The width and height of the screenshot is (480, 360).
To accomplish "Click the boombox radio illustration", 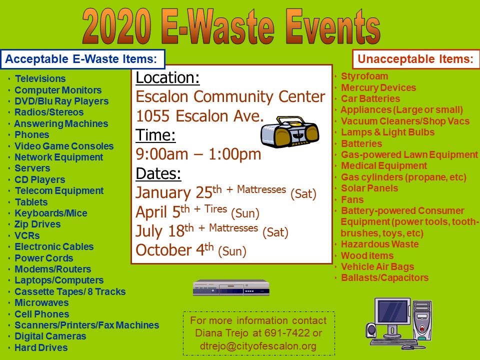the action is click(x=289, y=131).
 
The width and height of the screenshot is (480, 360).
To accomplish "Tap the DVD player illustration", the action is click(x=231, y=287).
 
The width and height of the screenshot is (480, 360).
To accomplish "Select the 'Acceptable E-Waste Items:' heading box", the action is click(x=82, y=59).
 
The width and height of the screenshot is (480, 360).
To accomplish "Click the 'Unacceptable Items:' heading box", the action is click(x=415, y=59).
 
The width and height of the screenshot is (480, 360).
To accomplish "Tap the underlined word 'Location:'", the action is click(x=167, y=78).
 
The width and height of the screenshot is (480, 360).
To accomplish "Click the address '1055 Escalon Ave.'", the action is click(x=199, y=116).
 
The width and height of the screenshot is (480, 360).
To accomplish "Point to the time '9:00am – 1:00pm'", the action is click(x=198, y=154).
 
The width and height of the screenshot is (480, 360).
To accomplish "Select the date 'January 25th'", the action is click(x=178, y=192).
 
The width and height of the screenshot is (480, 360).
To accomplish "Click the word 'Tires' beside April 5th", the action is click(x=216, y=209).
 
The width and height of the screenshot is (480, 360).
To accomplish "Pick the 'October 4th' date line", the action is click(x=191, y=249).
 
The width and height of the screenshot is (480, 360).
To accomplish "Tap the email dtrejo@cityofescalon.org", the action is click(x=258, y=346).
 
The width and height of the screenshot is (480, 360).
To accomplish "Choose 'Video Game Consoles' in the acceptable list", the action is click(x=64, y=146).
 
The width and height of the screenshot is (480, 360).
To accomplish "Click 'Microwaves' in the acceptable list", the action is click(x=41, y=303).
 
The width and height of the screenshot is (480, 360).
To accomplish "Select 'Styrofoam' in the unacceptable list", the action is click(x=364, y=76).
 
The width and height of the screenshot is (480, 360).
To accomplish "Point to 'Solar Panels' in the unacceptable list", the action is click(x=369, y=188).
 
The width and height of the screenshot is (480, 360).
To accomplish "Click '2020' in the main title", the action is click(x=116, y=26).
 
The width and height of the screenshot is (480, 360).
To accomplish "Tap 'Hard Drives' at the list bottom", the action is click(x=41, y=348).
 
